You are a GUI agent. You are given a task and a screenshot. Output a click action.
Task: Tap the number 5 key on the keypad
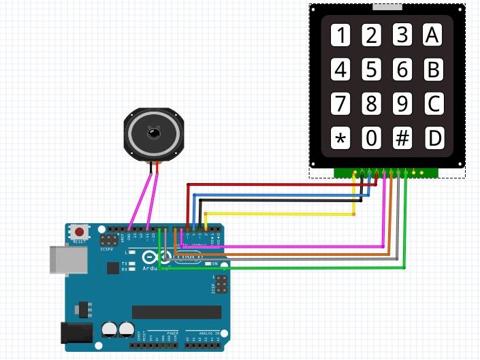tap(371, 69)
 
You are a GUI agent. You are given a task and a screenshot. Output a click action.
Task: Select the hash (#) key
tap(402, 139)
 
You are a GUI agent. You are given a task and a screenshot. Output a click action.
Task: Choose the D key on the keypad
tap(434, 139)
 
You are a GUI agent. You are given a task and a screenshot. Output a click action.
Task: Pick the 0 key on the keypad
tap(371, 139)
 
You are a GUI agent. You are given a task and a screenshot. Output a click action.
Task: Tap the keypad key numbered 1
tap(340, 35)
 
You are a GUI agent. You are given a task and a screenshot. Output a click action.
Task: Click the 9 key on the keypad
tap(402, 104)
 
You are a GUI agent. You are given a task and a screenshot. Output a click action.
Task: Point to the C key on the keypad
tap(434, 104)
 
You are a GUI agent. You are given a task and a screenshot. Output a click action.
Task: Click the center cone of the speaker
tap(155, 133)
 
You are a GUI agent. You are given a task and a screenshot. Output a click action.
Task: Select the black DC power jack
tap(76, 332)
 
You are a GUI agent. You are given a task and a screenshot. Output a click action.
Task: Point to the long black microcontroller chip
tap(176, 312)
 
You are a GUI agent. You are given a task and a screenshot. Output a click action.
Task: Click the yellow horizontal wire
tap(279, 214)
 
